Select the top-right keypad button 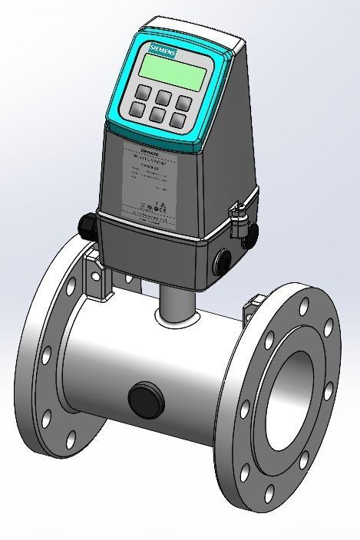point(182,102)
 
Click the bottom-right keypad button point(180,120)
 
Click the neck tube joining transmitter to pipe point(176,302)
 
